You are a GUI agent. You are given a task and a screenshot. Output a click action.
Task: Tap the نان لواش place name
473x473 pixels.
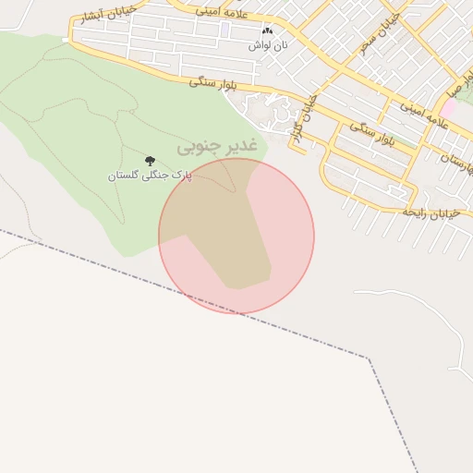pos(272,44)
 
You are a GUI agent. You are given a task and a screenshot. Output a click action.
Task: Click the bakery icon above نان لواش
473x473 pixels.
pos(268,30)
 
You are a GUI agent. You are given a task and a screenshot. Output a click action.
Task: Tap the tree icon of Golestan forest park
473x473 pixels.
pos(150,161)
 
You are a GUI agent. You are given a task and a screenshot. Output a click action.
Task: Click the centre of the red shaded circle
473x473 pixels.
pos(236,236)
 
